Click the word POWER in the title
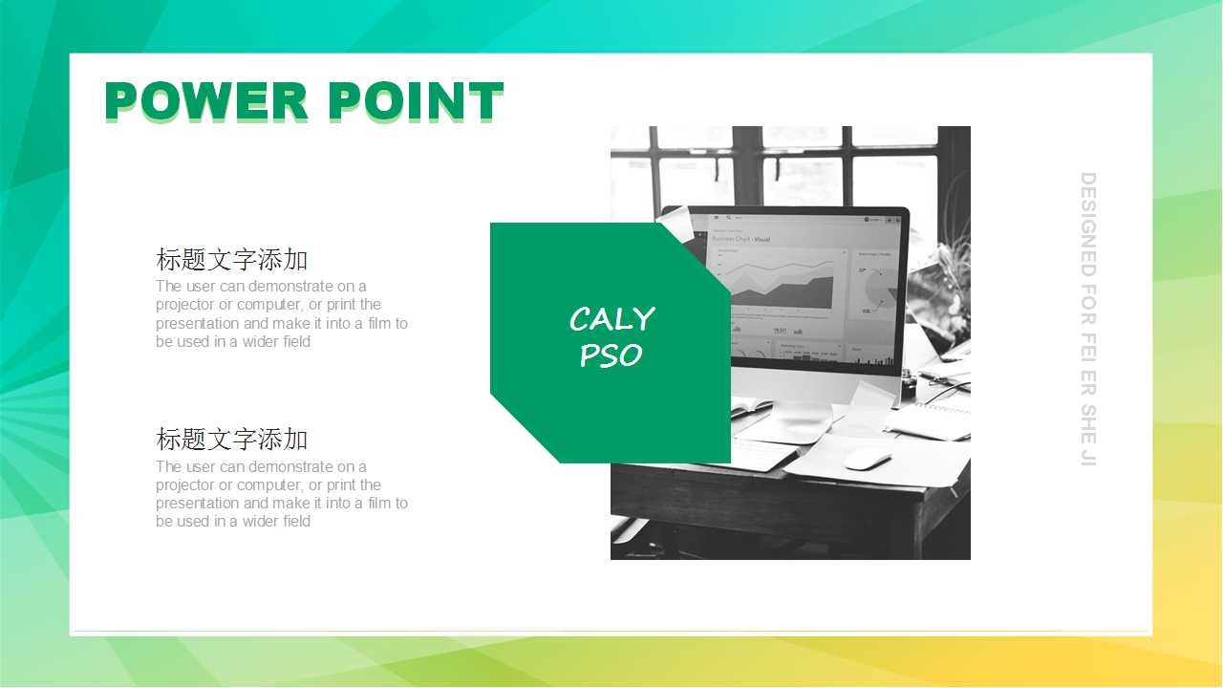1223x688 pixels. pyautogui.click(x=206, y=100)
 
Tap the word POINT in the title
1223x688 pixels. pyautogui.click(x=416, y=100)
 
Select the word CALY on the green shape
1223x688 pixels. pyautogui.click(x=612, y=318)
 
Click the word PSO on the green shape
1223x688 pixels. pyautogui.click(x=611, y=355)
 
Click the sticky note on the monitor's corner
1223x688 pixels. pyautogui.click(x=677, y=224)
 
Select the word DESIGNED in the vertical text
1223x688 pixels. pyautogui.click(x=1088, y=225)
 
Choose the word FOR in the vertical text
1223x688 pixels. pyautogui.click(x=1088, y=305)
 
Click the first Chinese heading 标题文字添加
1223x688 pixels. pyautogui.click(x=232, y=259)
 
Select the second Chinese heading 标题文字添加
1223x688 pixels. pyautogui.click(x=232, y=439)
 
